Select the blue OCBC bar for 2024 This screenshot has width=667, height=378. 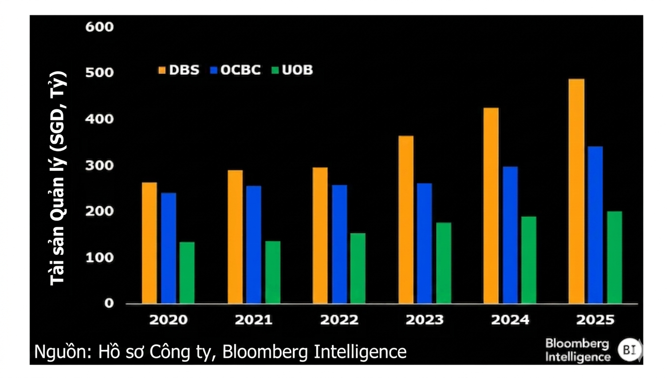click(x=510, y=235)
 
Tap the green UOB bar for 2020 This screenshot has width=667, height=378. click(x=187, y=272)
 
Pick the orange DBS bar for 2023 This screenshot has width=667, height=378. click(x=406, y=220)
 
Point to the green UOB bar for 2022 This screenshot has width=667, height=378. click(x=358, y=268)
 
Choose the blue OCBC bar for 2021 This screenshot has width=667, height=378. click(x=254, y=244)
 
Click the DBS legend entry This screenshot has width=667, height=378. click(x=178, y=70)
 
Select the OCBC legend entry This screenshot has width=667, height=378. click(x=235, y=70)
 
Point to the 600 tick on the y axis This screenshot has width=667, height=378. click(x=99, y=27)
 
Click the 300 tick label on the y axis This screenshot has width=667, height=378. click(x=99, y=165)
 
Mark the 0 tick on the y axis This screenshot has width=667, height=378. click(x=108, y=304)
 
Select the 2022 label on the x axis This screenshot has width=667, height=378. click(x=339, y=320)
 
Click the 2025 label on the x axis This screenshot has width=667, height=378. click(x=595, y=320)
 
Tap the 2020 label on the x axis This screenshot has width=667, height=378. click(x=168, y=320)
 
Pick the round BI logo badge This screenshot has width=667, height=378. click(x=630, y=350)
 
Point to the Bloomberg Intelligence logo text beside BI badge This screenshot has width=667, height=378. click(x=577, y=350)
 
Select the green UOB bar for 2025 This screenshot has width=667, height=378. click(x=614, y=257)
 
